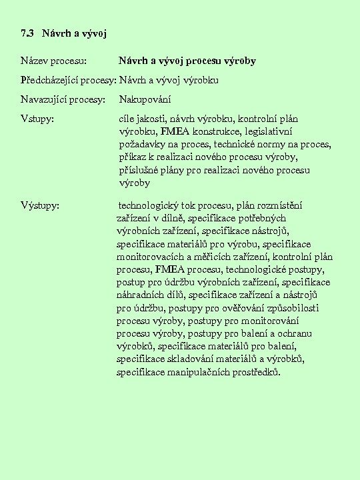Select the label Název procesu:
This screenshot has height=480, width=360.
coord(53,61)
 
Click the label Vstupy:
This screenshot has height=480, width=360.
coord(37,120)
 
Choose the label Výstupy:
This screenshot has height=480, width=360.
coord(40,205)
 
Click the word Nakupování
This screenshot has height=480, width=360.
coord(145,100)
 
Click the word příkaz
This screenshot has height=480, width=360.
coord(132,157)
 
